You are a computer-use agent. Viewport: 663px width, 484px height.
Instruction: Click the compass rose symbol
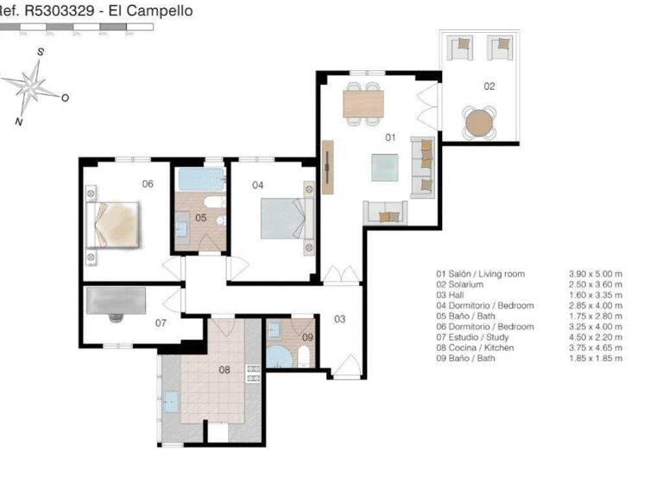point(33,86)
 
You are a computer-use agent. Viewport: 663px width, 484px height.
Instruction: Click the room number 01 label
point(389,137)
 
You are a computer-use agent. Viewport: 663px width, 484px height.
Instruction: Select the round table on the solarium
point(477,124)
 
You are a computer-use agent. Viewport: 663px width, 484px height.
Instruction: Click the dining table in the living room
point(364,104)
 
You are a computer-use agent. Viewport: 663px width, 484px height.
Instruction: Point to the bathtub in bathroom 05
point(199,181)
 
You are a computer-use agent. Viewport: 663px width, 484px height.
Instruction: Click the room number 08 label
point(224,370)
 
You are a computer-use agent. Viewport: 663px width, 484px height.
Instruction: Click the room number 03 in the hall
point(339,319)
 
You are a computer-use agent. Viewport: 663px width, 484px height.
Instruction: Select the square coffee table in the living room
point(385,168)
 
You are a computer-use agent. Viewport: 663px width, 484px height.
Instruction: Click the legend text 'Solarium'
point(471,284)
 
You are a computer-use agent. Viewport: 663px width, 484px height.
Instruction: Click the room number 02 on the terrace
point(489,86)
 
